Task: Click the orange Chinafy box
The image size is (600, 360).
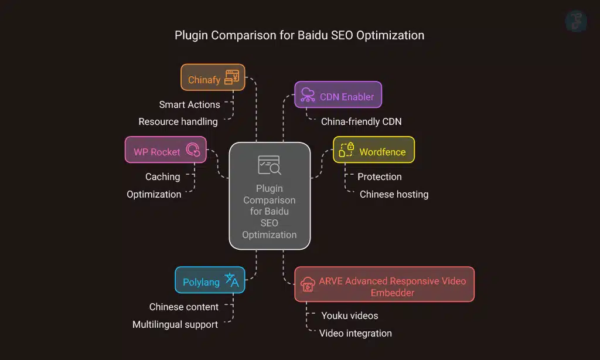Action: pos(213,77)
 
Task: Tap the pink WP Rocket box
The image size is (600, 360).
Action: pos(166,150)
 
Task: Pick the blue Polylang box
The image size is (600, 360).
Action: pos(210,280)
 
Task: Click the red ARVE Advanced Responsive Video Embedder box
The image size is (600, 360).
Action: pos(384,285)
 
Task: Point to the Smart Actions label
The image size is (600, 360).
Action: pos(189,104)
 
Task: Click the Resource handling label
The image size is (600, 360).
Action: pos(178,122)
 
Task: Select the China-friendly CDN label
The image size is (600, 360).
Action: pos(361,122)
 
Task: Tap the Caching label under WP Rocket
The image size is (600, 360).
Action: pos(162,176)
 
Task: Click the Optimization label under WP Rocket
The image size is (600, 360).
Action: pos(154,194)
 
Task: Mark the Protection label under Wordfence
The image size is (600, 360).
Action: pos(379,176)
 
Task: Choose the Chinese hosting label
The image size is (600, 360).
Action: pos(394,194)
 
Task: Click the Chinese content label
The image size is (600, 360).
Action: pos(183,307)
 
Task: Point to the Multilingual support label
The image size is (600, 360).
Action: pos(175,324)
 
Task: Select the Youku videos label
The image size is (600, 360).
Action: pos(349,315)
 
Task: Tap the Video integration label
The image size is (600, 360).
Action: pos(355,333)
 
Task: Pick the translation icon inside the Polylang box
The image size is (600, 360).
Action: pos(232,280)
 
